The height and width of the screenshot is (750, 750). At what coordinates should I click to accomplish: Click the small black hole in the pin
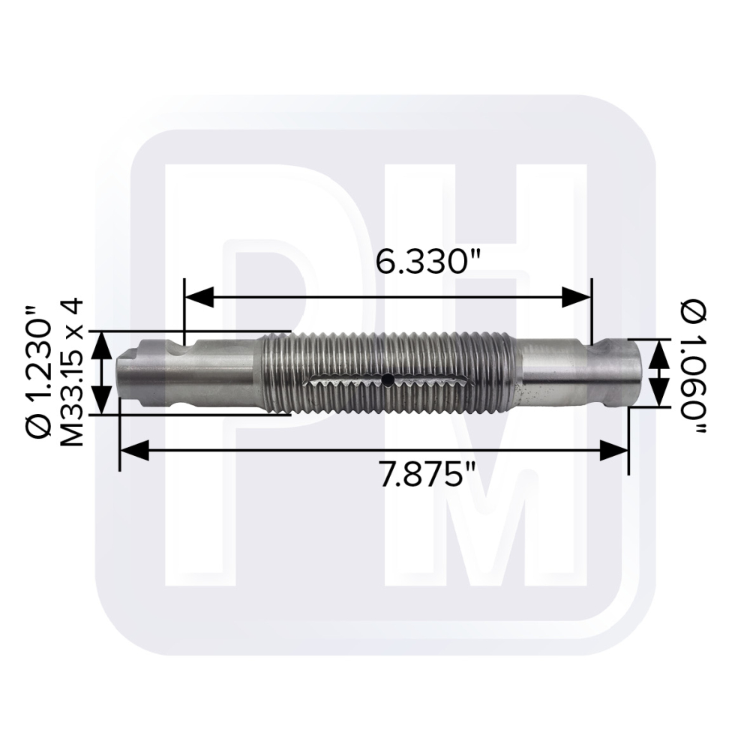(388, 379)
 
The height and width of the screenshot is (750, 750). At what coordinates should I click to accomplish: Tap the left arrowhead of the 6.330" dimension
(199, 297)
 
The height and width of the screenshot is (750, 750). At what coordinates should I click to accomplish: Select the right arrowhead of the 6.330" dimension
(577, 297)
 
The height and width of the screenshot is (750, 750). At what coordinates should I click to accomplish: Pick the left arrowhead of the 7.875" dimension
(134, 450)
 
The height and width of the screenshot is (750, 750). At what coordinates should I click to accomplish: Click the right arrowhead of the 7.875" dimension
(613, 450)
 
